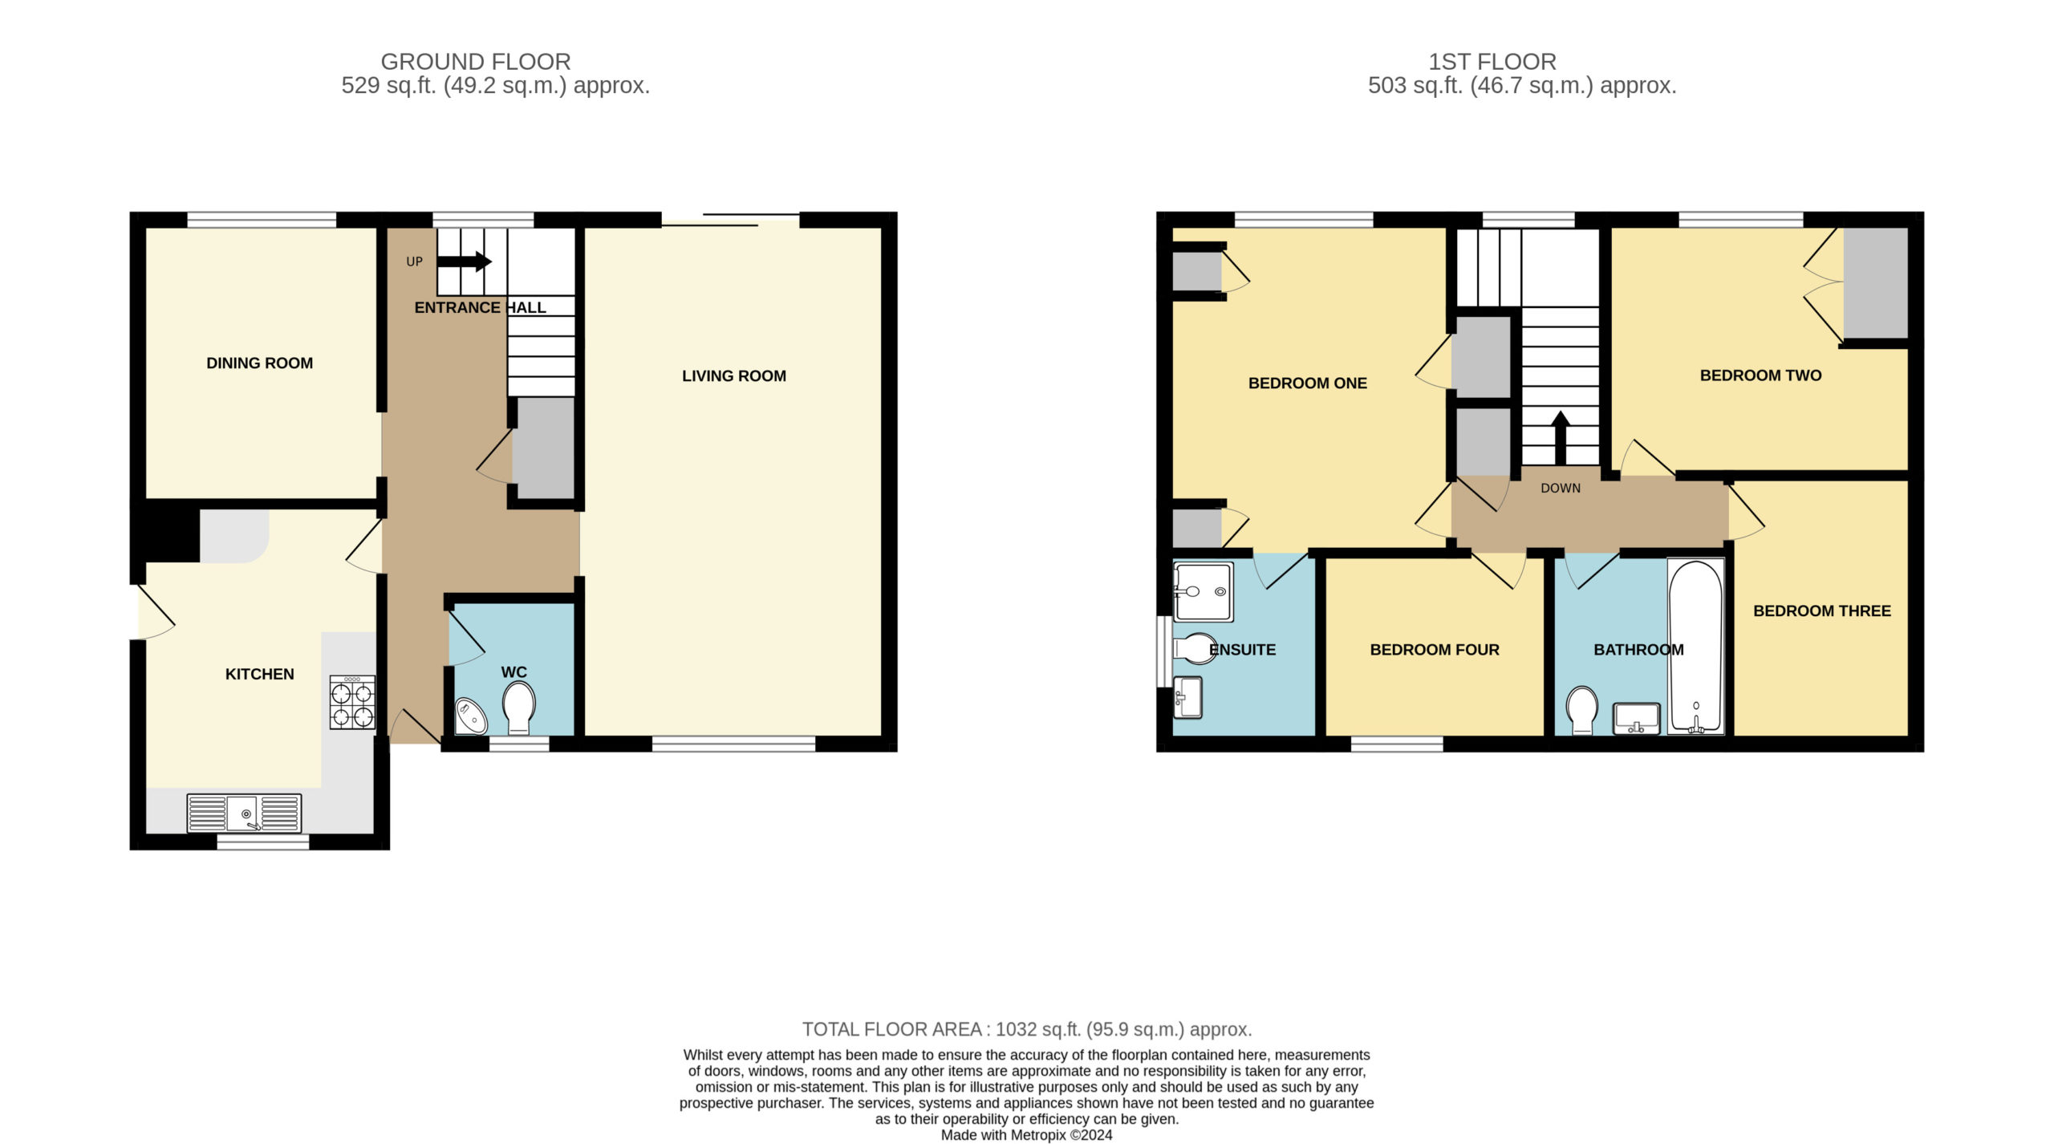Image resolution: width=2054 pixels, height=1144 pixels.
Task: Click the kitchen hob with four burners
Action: click(352, 702)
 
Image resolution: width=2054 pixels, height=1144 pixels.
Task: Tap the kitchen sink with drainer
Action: click(244, 813)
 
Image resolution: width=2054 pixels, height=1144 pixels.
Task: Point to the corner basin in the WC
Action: click(470, 717)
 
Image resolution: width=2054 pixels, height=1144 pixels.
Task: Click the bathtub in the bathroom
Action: click(1695, 647)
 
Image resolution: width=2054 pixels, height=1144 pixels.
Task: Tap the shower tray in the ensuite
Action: click(1203, 592)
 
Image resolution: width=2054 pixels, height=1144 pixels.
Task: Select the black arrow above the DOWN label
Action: click(1561, 438)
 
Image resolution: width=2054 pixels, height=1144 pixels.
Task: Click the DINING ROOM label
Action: click(260, 363)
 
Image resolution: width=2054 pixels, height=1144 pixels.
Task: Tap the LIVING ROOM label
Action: click(734, 376)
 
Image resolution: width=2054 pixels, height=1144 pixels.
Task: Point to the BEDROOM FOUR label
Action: click(1435, 650)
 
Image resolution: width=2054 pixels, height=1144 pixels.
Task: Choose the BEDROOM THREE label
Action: click(1822, 611)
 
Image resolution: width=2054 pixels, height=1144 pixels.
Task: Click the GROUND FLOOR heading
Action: click(476, 62)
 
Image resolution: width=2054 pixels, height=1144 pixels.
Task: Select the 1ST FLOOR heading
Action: click(1492, 62)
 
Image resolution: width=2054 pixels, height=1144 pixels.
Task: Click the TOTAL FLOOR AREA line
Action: click(1027, 1029)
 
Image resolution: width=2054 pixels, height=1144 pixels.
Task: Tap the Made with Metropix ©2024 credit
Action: click(1027, 1135)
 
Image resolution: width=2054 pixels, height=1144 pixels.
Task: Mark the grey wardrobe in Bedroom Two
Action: click(1875, 283)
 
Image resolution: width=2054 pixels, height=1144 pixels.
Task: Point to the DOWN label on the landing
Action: click(1561, 489)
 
